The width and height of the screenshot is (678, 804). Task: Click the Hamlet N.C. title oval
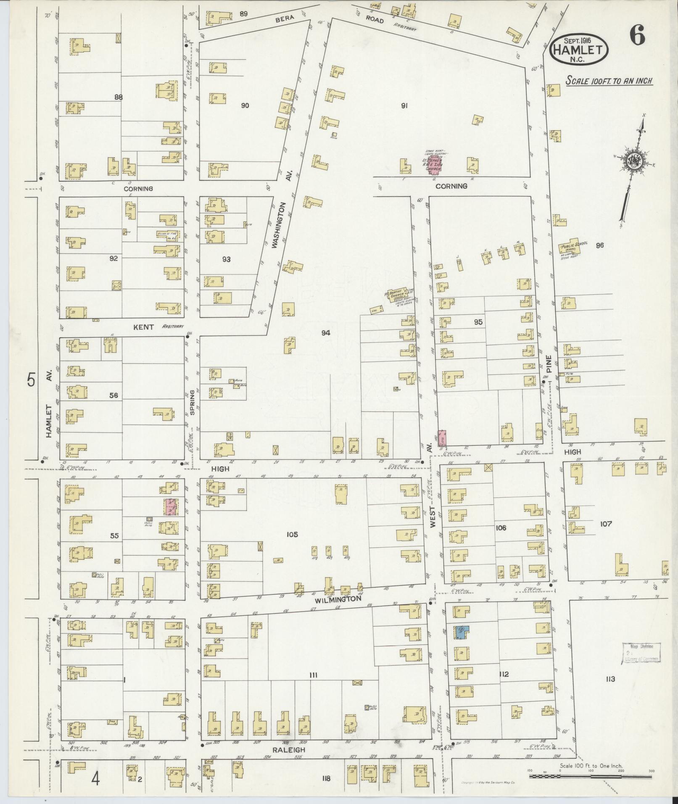click(x=579, y=50)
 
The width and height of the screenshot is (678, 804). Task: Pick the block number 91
click(x=404, y=106)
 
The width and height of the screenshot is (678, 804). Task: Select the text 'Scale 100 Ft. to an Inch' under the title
click(x=609, y=81)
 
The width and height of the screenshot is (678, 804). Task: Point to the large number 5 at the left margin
click(x=31, y=380)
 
